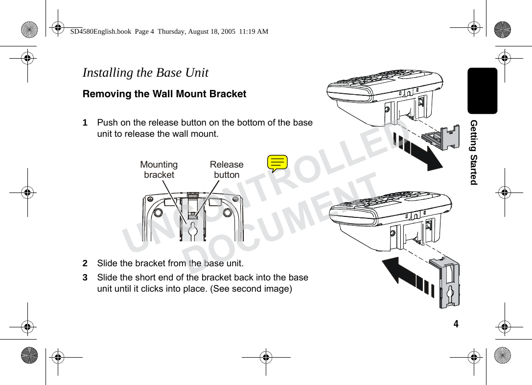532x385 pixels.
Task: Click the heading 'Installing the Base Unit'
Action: (145, 73)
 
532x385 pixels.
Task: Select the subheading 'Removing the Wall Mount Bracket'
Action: (164, 94)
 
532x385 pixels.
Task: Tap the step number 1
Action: (85, 122)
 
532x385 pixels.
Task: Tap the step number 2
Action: (85, 263)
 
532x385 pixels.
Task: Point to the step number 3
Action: (85, 278)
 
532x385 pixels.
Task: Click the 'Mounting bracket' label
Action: (159, 170)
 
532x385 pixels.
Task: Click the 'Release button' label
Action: (226, 170)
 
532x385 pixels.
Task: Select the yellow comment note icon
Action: (278, 163)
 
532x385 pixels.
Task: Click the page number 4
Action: (456, 324)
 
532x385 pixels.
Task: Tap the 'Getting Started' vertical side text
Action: (473, 151)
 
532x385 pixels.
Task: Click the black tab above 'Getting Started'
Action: (482, 91)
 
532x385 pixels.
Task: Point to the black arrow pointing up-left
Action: (406, 276)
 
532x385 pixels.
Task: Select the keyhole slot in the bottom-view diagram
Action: (193, 230)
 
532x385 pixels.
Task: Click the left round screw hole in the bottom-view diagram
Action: (158, 213)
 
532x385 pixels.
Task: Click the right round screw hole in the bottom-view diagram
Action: (228, 213)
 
